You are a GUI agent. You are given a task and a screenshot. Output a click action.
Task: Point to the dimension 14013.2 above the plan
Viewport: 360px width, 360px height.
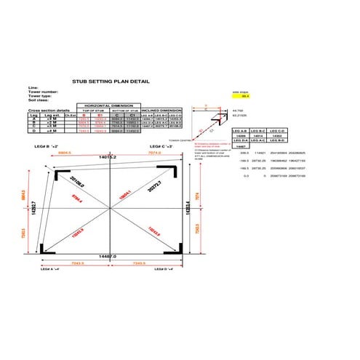tap(108, 156)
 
